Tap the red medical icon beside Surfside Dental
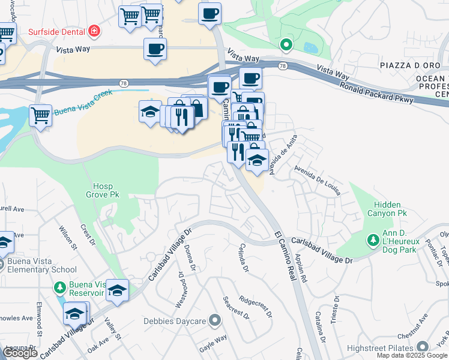click(94, 30)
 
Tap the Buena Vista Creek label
click(83, 110)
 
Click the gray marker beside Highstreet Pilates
click(423, 347)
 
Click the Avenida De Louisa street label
click(317, 179)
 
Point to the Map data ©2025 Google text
click(412, 355)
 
